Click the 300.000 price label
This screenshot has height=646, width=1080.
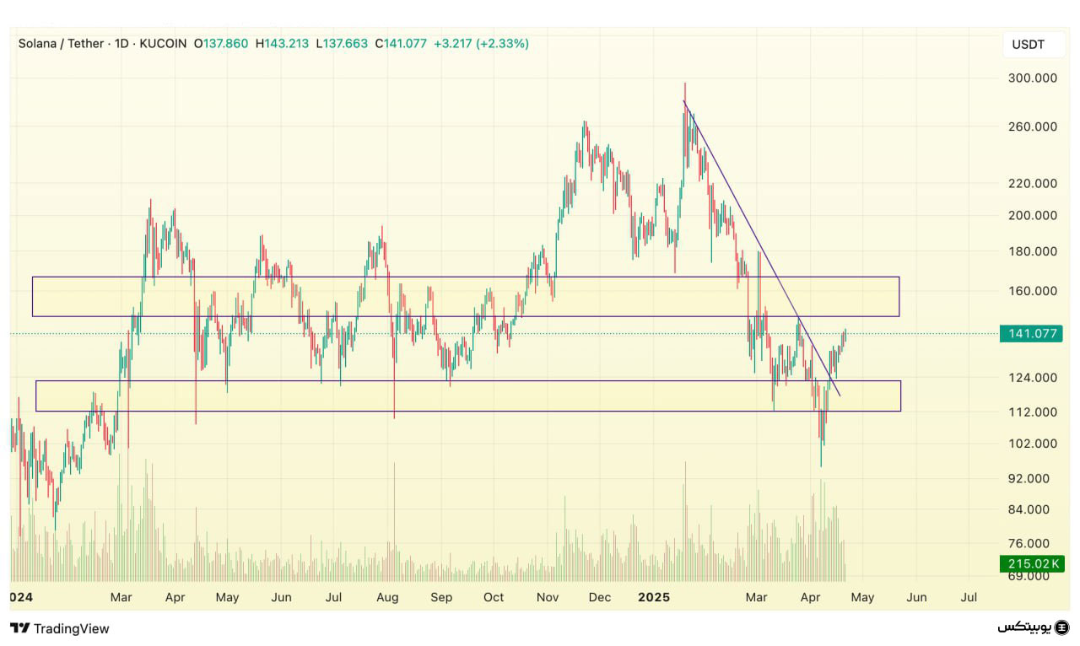point(1034,78)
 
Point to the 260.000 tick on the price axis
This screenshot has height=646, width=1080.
point(1034,127)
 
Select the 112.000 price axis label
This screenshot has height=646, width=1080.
point(1034,412)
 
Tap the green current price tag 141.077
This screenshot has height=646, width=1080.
point(1032,333)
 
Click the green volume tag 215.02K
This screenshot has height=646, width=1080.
point(1031,563)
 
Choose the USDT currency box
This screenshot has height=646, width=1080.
point(1028,45)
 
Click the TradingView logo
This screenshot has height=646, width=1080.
point(60,628)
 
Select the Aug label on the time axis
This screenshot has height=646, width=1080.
point(387,597)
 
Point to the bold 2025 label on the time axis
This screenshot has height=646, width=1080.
point(653,597)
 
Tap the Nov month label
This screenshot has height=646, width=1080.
point(548,597)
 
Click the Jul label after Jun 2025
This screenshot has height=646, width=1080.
point(969,597)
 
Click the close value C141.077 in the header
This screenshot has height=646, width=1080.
point(401,43)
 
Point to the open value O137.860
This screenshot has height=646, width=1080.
point(221,43)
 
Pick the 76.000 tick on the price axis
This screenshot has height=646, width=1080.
point(1034,544)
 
